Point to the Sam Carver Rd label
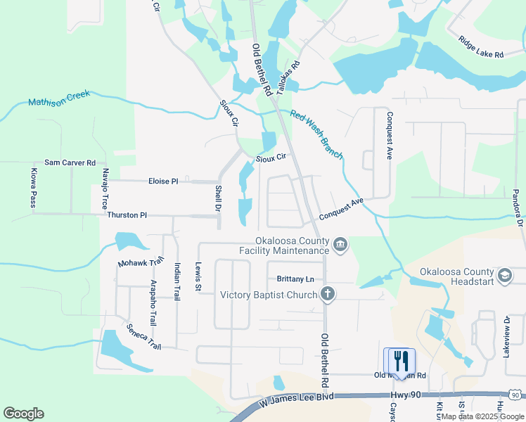70,162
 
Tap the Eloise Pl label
163,181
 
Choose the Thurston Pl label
127,215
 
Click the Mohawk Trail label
139,262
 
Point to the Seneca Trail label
143,337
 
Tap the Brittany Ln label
294,279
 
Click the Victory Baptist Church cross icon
327,295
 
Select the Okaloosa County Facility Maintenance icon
340,245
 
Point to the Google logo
23,414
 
